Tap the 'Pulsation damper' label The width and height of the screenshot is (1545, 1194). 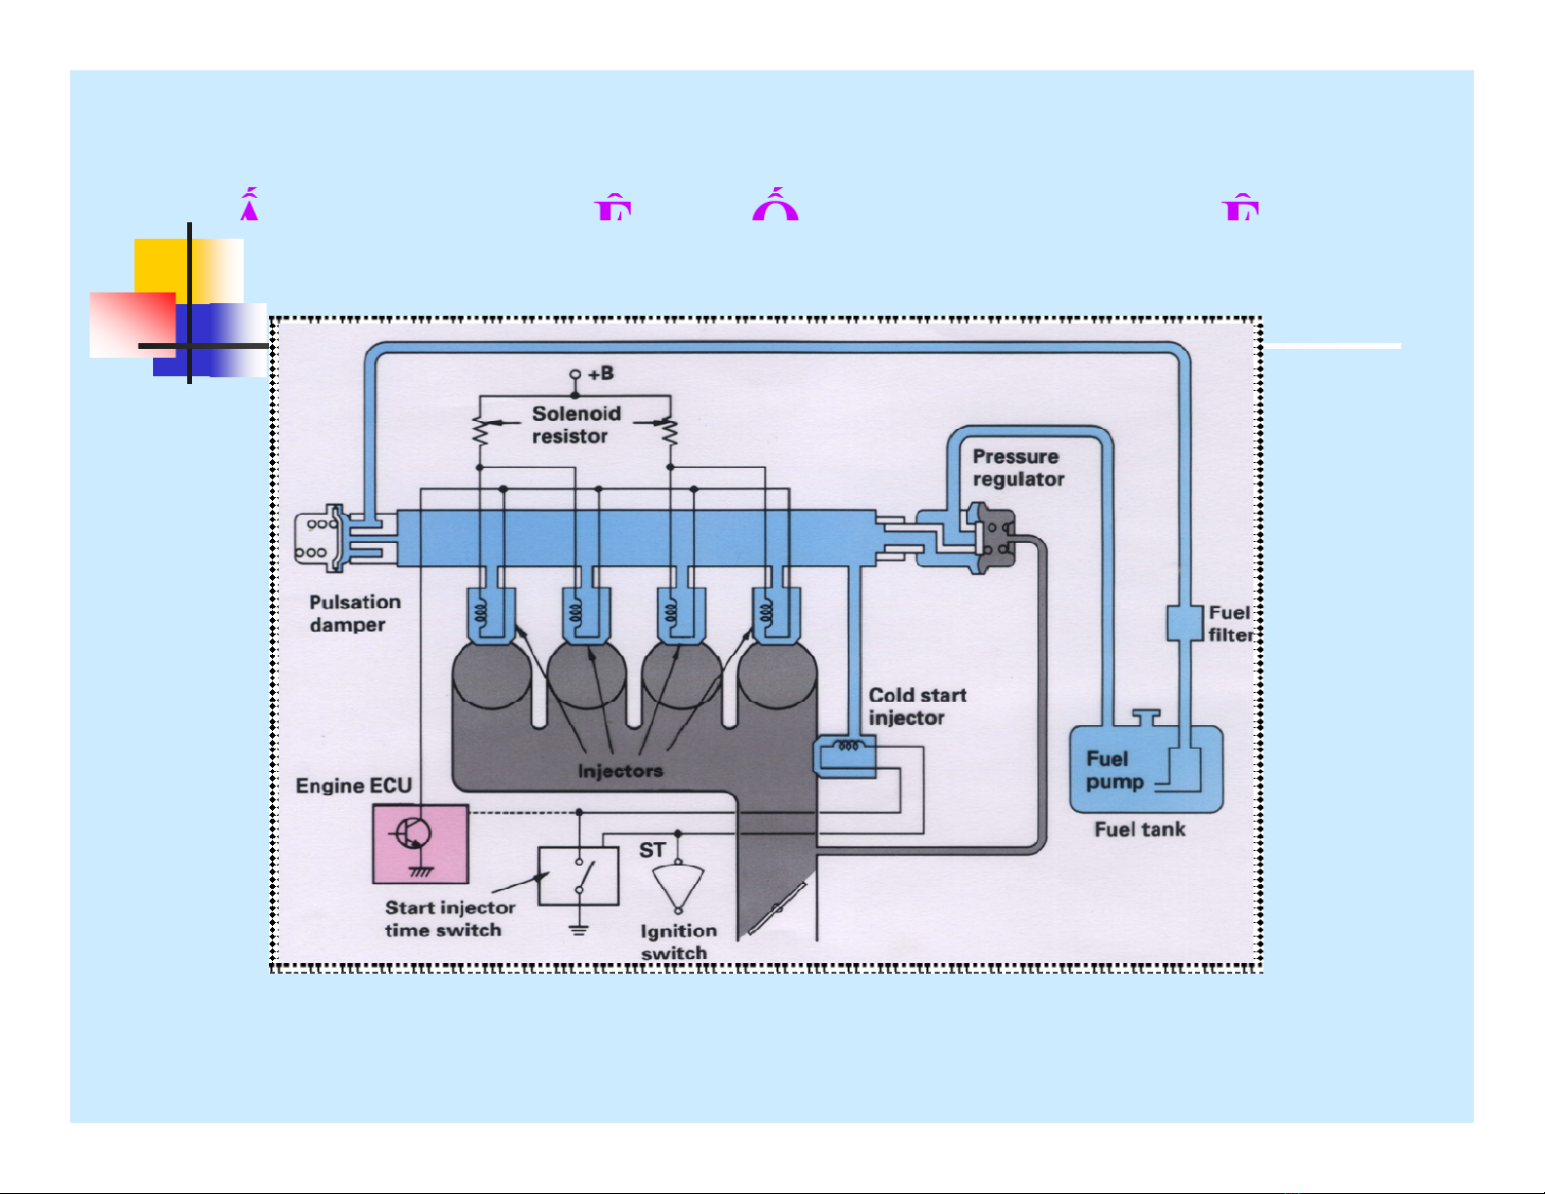[355, 614]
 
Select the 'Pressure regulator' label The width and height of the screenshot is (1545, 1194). [1018, 468]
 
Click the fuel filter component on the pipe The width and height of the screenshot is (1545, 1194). [1184, 624]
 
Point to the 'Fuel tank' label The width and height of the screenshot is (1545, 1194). [1139, 829]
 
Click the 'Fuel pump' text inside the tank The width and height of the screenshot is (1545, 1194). [1113, 770]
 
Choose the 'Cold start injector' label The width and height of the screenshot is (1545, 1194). [916, 707]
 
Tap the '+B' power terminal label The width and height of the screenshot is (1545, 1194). [600, 373]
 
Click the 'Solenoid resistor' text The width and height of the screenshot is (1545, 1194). [575, 425]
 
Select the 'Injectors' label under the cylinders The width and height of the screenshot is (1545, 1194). [620, 771]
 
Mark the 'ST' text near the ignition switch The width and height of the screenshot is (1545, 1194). [652, 851]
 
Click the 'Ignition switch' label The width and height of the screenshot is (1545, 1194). [677, 942]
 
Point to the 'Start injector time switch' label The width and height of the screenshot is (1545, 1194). [448, 919]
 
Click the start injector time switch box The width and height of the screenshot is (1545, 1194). [579, 875]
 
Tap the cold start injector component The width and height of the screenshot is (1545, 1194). [845, 755]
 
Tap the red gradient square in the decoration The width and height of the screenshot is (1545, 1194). [132, 325]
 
